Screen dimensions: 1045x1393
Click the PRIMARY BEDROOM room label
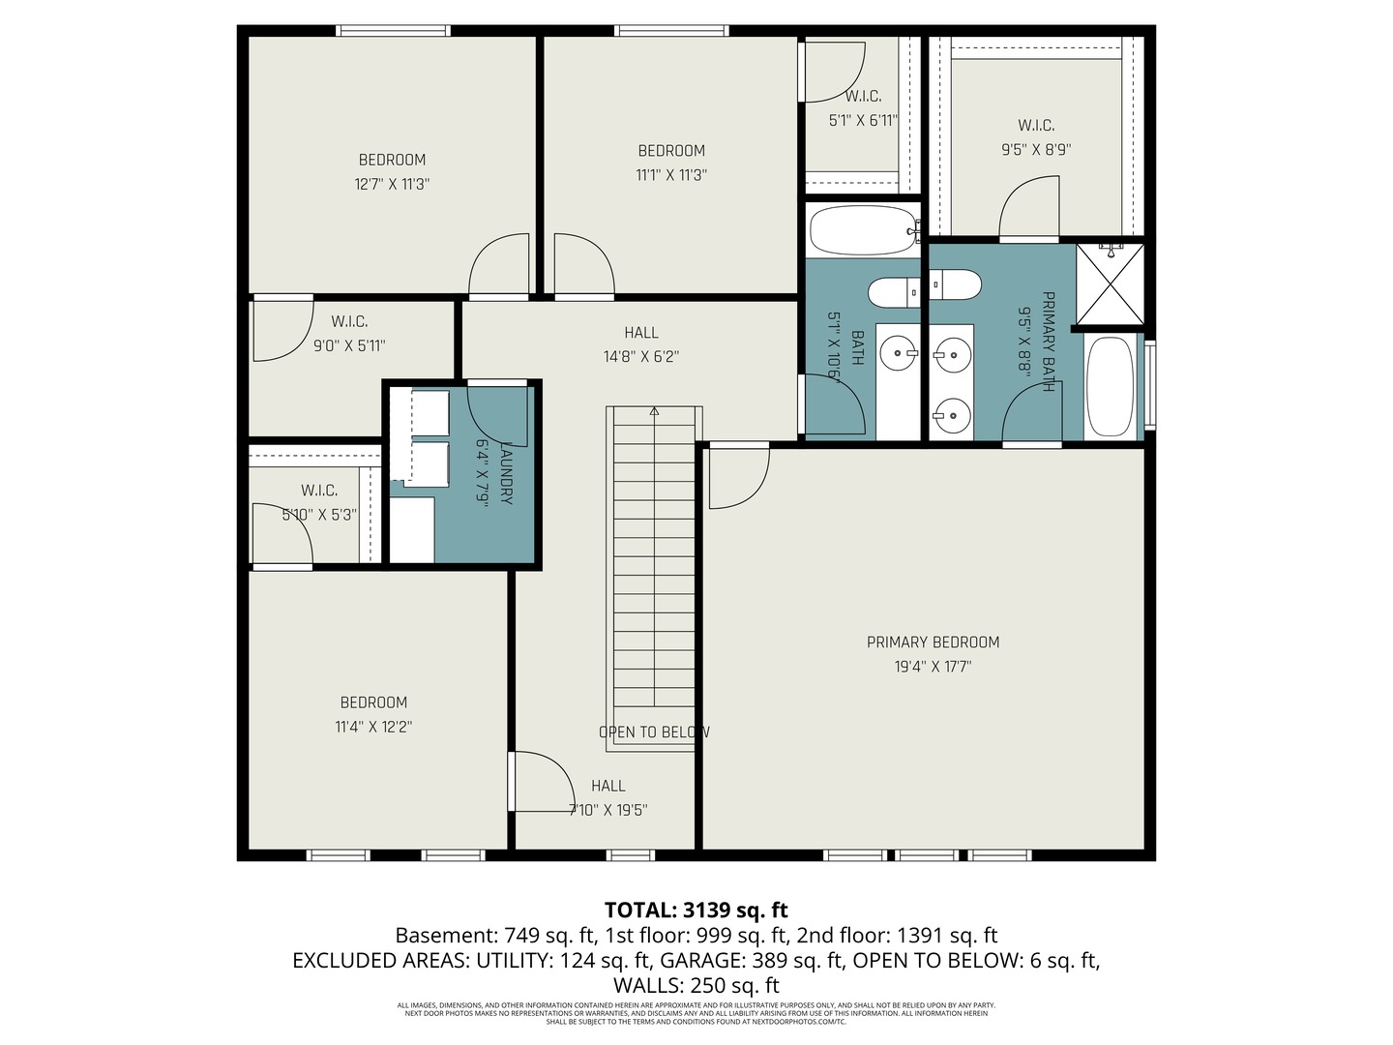click(x=933, y=642)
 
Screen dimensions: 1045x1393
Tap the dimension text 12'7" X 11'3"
click(x=392, y=184)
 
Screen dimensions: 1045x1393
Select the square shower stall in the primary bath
click(x=1110, y=284)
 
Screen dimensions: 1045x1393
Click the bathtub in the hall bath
click(x=861, y=230)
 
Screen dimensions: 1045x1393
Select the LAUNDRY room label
click(x=505, y=473)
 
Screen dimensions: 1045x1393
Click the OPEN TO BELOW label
click(x=654, y=732)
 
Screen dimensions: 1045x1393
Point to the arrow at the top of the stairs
click(x=654, y=411)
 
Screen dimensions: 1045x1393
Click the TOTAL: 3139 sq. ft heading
click(x=696, y=910)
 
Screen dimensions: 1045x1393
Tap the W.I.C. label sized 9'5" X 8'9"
click(x=1036, y=125)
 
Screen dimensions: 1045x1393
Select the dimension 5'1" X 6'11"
click(x=863, y=121)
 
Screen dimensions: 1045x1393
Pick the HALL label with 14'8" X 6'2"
click(x=640, y=332)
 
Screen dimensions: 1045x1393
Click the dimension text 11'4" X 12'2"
click(x=373, y=727)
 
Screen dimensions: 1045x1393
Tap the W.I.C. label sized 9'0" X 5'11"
click(x=349, y=321)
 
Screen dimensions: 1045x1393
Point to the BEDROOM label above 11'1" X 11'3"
click(x=671, y=150)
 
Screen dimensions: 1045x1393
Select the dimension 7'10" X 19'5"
click(x=608, y=810)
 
